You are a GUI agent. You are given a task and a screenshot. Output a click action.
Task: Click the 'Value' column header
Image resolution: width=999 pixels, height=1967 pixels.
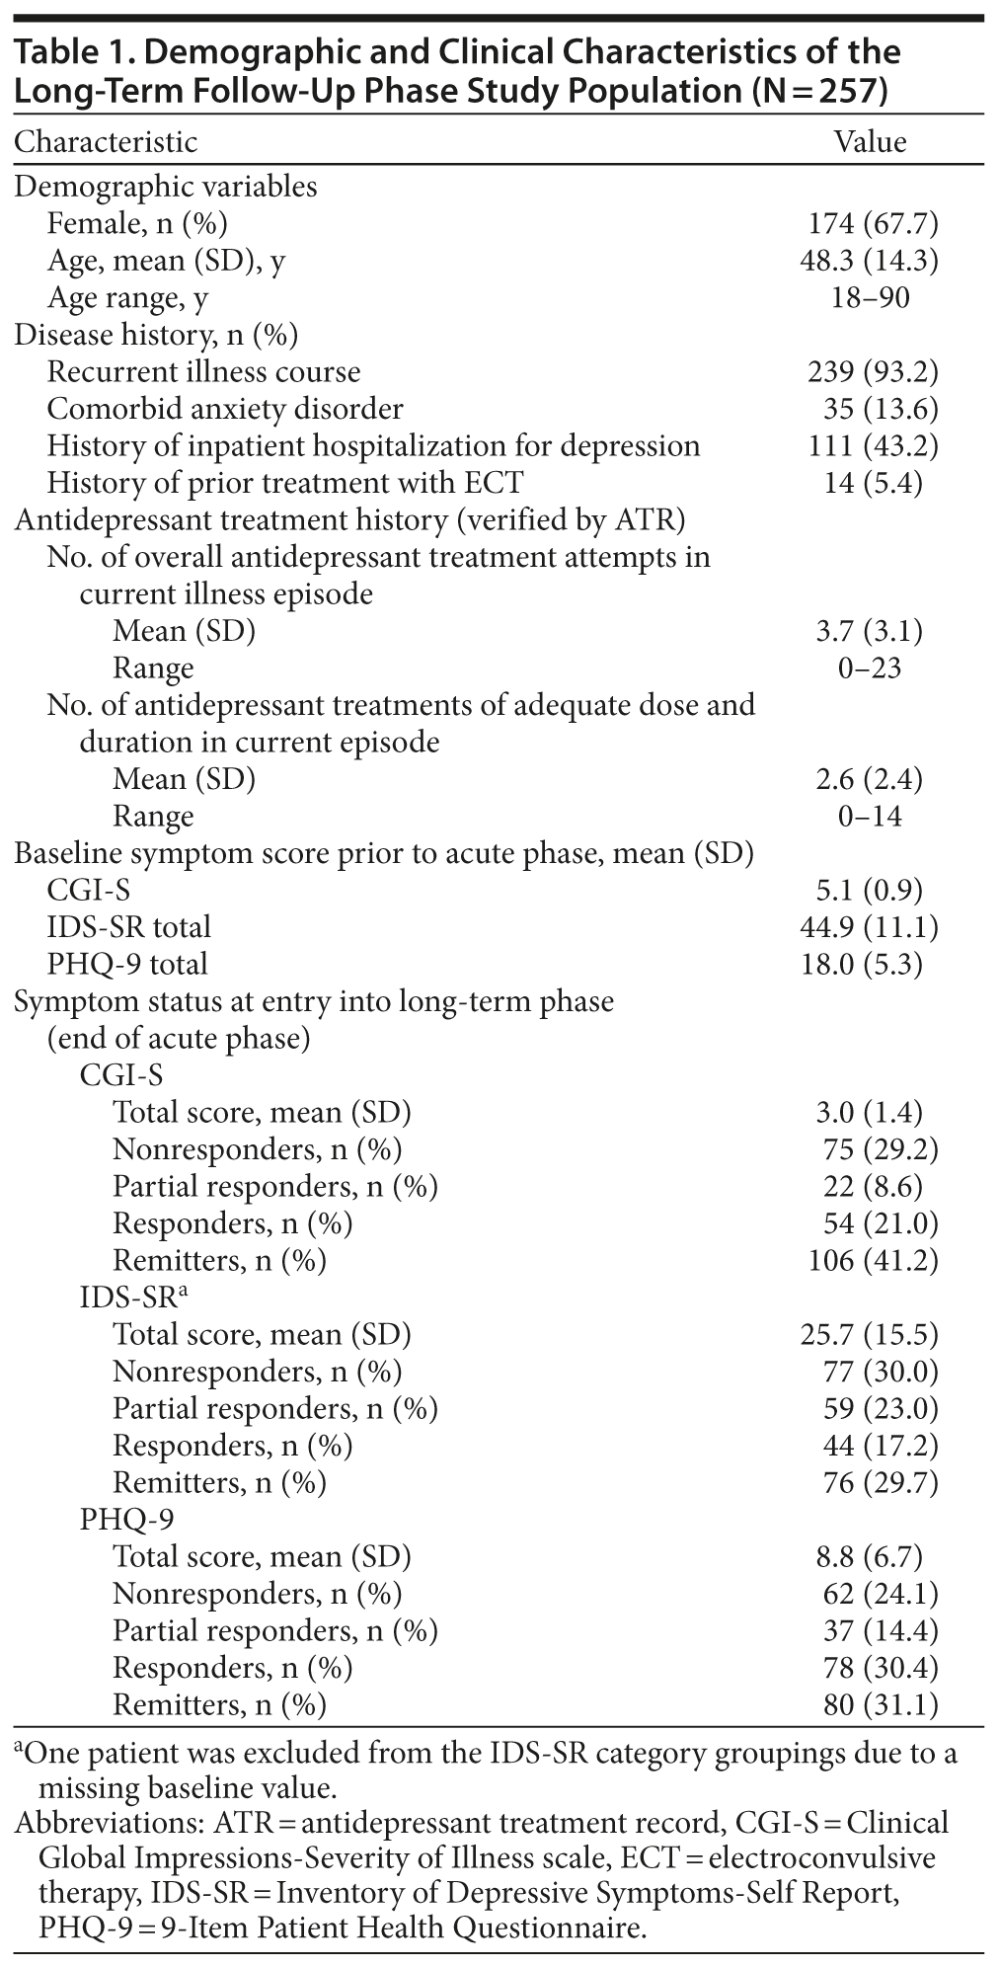[x=870, y=142]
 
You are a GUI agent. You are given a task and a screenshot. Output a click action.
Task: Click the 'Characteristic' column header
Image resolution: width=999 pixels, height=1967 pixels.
[x=106, y=142]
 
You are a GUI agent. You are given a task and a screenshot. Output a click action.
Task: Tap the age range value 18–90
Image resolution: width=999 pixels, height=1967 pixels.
[x=870, y=298]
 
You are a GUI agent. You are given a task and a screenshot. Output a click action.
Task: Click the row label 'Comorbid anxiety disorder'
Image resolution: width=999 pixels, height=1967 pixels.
[x=225, y=409]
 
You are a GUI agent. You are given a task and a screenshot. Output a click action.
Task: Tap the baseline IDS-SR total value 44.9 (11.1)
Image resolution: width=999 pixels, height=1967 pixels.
[x=870, y=927]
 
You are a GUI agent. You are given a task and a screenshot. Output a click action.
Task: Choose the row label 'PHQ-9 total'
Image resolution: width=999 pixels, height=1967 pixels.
[x=127, y=964]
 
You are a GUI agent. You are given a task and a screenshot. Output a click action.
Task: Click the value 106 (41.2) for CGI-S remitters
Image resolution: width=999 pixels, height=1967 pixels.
[x=870, y=1261]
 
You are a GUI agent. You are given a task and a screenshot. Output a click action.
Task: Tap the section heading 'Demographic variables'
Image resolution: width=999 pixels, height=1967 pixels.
[x=166, y=187]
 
